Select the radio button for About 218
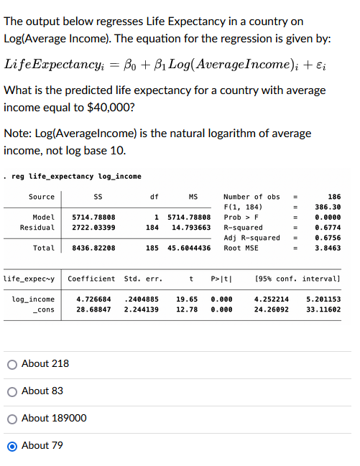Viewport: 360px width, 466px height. pos(12,364)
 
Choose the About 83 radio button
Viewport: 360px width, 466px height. pos(12,391)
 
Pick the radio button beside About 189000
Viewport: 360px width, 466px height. pos(12,419)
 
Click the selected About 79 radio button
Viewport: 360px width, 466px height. pos(12,446)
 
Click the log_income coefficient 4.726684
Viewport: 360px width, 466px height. pos(93,299)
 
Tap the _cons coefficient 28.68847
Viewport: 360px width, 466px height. pos(93,309)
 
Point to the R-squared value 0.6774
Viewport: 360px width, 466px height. pos(328,228)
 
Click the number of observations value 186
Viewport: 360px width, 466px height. pos(334,197)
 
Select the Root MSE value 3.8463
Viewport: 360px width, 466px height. pos(328,248)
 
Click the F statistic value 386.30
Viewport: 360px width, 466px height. pos(328,208)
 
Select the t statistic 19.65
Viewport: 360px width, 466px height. pos(188,299)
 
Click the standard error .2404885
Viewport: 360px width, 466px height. pos(141,299)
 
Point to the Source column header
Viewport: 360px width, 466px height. pos(42,197)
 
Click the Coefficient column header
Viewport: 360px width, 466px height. pos(91,279)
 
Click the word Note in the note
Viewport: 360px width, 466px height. pos(16,134)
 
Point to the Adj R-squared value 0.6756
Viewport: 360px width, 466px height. pos(328,238)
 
